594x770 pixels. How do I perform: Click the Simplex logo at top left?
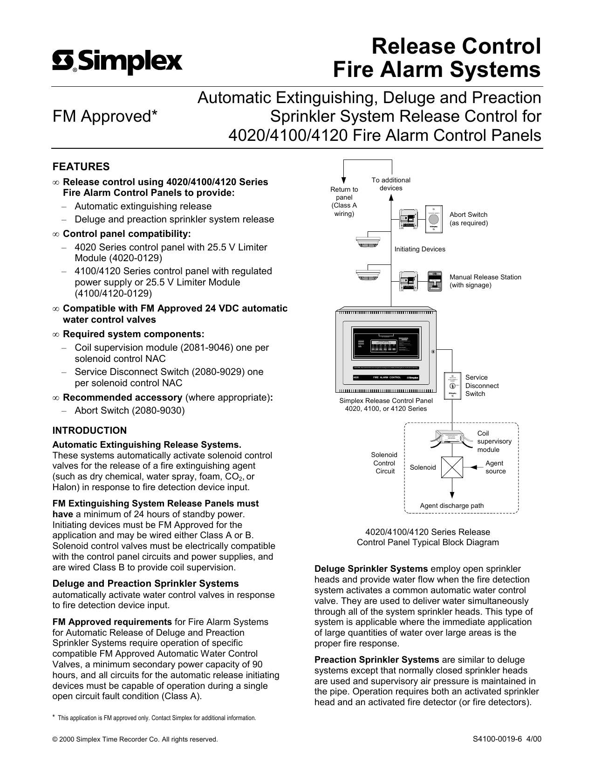pos(117,62)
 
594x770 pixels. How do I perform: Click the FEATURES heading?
pos(81,166)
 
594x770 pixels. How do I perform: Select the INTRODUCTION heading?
pos(89,430)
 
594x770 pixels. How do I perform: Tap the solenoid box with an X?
pos(452,467)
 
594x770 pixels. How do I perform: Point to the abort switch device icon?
pos(434,218)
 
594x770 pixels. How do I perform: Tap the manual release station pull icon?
pos(434,282)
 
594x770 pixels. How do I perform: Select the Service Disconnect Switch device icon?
pos(452,386)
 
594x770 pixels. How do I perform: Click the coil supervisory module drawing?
pos(451,438)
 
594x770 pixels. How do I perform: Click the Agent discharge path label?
pos(451,506)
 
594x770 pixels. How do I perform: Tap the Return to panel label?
pos(344,201)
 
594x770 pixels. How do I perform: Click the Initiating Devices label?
pos(420,249)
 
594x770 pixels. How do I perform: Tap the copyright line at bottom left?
pos(135,739)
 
